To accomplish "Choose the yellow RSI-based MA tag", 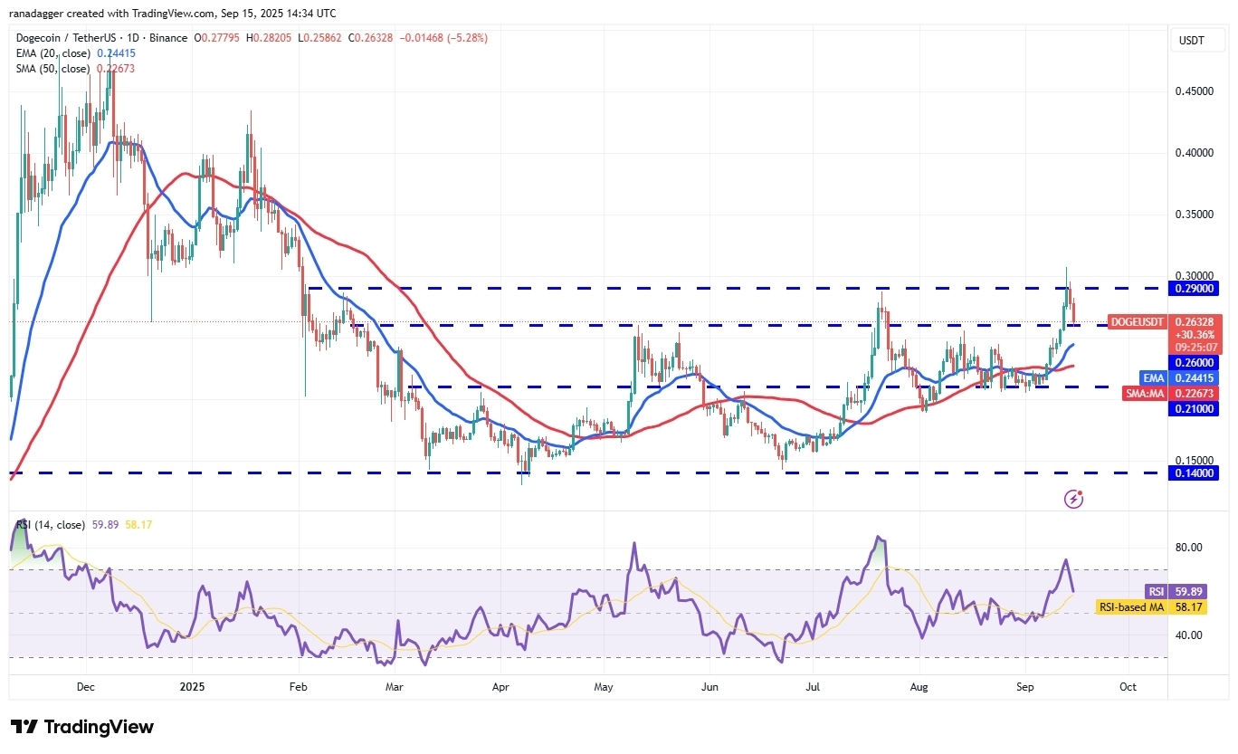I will [1131, 606].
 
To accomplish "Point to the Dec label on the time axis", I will [86, 687].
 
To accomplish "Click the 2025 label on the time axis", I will [193, 687].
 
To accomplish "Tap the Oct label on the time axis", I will [1128, 687].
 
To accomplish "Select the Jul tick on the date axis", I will [813, 687].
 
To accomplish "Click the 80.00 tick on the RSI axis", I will [1189, 548].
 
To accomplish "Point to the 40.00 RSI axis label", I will [1189, 635].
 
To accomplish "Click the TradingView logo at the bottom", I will [82, 727].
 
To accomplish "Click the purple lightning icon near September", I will [1073, 499].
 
